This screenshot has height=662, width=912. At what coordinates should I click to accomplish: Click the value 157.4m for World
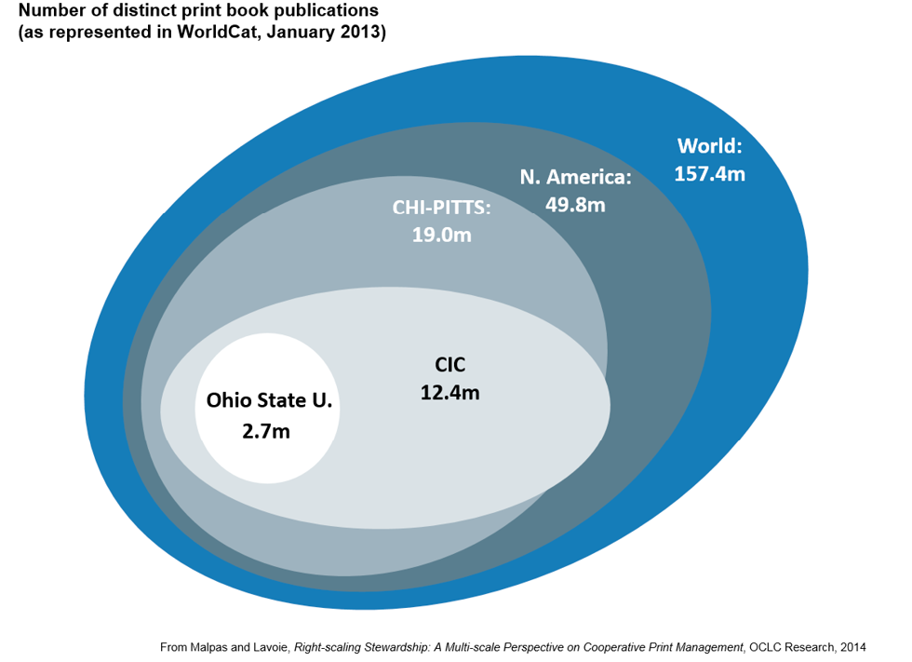pyautogui.click(x=709, y=173)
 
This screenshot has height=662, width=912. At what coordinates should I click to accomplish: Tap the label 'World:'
pyautogui.click(x=709, y=146)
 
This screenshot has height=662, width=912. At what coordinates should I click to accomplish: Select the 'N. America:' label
pyautogui.click(x=575, y=177)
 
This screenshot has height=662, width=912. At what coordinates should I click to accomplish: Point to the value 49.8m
pyautogui.click(x=575, y=204)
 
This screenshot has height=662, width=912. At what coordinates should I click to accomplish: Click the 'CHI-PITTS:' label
pyautogui.click(x=442, y=207)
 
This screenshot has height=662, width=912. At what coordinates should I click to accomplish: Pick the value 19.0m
pyautogui.click(x=442, y=235)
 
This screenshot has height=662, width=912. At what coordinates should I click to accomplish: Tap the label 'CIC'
pyautogui.click(x=450, y=365)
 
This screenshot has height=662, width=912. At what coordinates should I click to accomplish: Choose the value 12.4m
pyautogui.click(x=450, y=393)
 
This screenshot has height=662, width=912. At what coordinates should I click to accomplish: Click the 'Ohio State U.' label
pyautogui.click(x=268, y=401)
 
